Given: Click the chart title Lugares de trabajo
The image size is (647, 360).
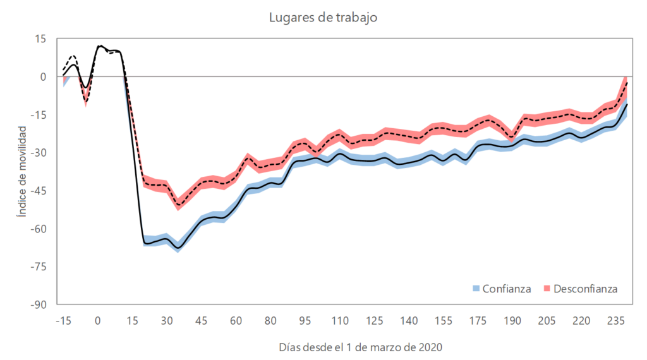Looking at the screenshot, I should coord(323,17).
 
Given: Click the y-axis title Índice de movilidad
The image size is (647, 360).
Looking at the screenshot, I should coord(22,171).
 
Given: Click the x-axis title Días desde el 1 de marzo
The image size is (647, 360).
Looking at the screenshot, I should coord(360,347).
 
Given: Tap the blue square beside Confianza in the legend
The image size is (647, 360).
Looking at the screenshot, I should coord(477,289).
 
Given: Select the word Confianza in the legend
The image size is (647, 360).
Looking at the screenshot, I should coord(507,289).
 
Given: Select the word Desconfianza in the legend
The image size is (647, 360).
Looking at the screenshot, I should coord(585,289).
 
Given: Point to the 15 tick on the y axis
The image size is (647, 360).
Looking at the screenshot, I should coord(40,39).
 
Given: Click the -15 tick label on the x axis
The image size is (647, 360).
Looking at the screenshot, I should coord(63,320).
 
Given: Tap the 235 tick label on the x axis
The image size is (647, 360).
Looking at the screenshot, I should coord(615,320).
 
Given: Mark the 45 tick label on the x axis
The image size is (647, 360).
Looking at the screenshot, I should coord(201,320).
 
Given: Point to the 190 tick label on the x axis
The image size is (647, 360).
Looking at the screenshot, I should coord(512,320).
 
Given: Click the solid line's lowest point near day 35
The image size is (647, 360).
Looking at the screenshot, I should coord(178,248).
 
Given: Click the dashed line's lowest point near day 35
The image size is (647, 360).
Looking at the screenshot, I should coord(178,205).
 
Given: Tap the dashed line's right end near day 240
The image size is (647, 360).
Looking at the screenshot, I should coord(626,81).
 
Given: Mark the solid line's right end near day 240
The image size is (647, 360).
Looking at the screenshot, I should coord(626,104).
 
